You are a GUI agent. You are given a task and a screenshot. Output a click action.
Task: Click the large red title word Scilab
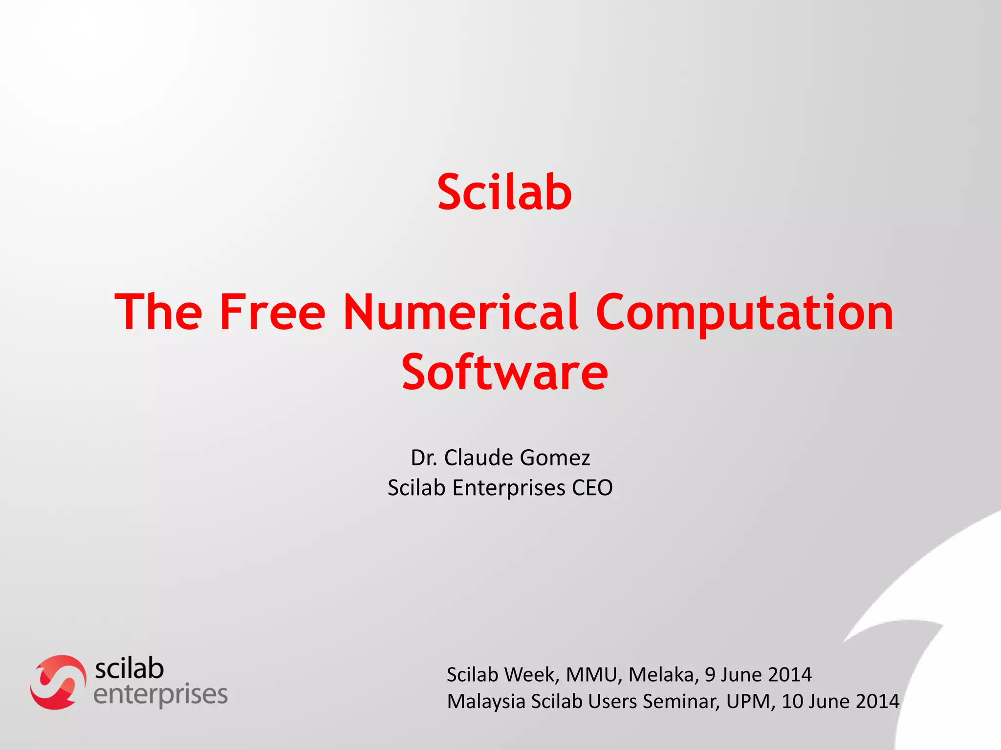click(504, 192)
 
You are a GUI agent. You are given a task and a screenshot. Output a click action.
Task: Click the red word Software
click(505, 373)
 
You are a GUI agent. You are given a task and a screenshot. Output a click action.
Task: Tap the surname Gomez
click(555, 458)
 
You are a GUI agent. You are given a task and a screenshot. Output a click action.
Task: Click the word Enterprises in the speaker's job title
click(509, 488)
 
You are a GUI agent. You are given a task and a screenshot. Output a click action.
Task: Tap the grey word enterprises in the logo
click(160, 694)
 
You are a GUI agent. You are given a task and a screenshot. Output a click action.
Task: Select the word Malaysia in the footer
click(486, 701)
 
